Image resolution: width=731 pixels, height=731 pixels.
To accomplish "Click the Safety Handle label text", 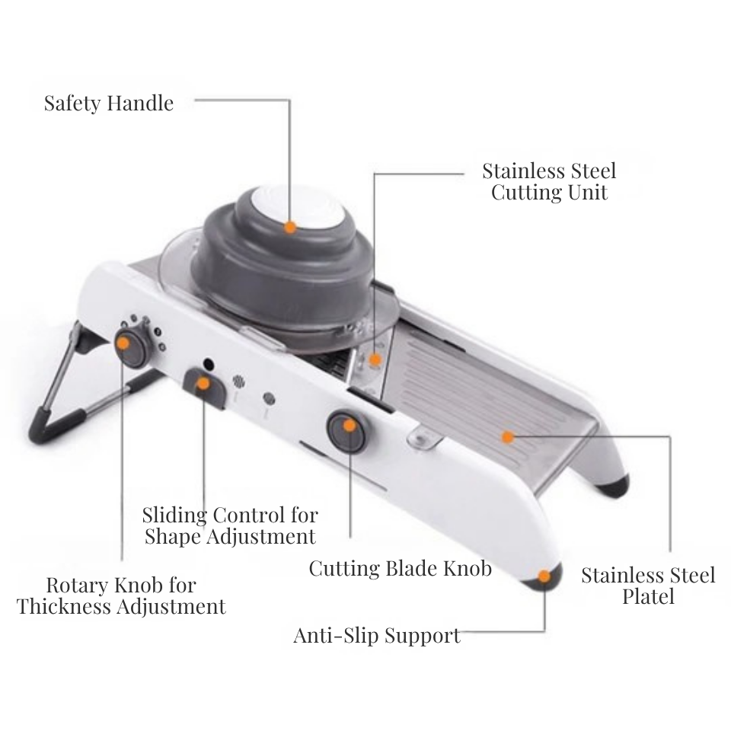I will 108,103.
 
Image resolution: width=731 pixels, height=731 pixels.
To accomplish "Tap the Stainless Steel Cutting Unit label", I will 549,181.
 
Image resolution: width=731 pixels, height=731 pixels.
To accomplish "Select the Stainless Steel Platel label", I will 648,585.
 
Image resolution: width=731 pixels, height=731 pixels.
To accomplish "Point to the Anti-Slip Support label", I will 377,635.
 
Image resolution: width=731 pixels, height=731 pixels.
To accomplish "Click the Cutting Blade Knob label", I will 400,568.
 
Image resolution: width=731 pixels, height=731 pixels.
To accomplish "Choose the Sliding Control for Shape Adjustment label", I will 230,525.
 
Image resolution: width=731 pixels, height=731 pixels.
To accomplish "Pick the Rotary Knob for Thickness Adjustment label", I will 121,595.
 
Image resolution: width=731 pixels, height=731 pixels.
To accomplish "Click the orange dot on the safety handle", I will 290,227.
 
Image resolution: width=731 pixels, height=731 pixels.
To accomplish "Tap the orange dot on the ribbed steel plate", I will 507,436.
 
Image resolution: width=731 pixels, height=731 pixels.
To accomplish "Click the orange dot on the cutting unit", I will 375,358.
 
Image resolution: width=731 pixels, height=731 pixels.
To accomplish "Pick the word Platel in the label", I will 648,596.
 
